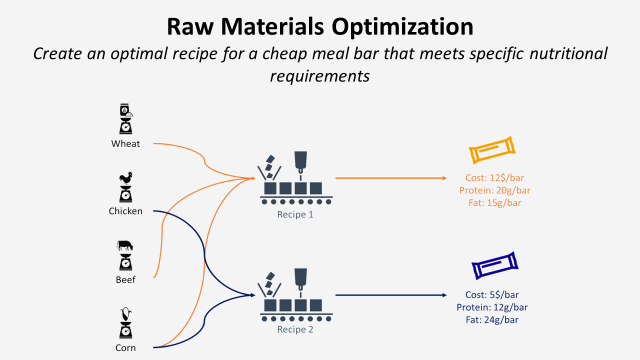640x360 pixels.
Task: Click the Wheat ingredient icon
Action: [126, 118]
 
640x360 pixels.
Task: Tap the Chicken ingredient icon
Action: [126, 187]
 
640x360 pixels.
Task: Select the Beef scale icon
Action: [126, 254]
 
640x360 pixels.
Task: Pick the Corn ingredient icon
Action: [126, 322]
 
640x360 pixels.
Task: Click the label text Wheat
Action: [126, 143]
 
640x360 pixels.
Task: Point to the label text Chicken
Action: [126, 211]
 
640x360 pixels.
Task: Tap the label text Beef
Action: [126, 279]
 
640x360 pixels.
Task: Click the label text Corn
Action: [126, 347]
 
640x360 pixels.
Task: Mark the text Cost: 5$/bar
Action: [492, 294]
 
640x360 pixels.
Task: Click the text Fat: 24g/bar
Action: [492, 319]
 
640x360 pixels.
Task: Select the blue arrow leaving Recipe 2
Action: [390, 295]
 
